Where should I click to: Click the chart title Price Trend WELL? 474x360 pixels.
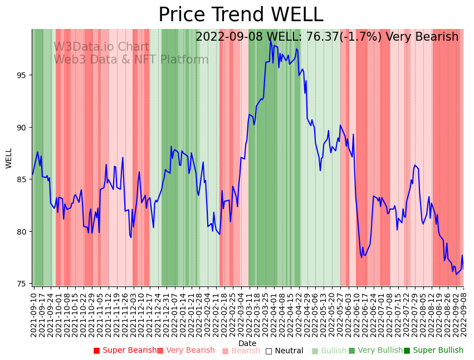(241, 14)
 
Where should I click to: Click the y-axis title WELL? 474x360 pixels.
(9, 158)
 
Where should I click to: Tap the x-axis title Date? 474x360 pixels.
(247, 343)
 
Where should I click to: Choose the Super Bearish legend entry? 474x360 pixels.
(125, 351)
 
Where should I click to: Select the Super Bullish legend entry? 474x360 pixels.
(433, 351)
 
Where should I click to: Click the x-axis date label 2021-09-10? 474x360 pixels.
(33, 315)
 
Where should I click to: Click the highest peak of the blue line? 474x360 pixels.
(271, 41)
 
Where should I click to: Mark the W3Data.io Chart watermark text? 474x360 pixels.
(101, 47)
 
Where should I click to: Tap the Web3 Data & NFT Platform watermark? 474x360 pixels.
(131, 60)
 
